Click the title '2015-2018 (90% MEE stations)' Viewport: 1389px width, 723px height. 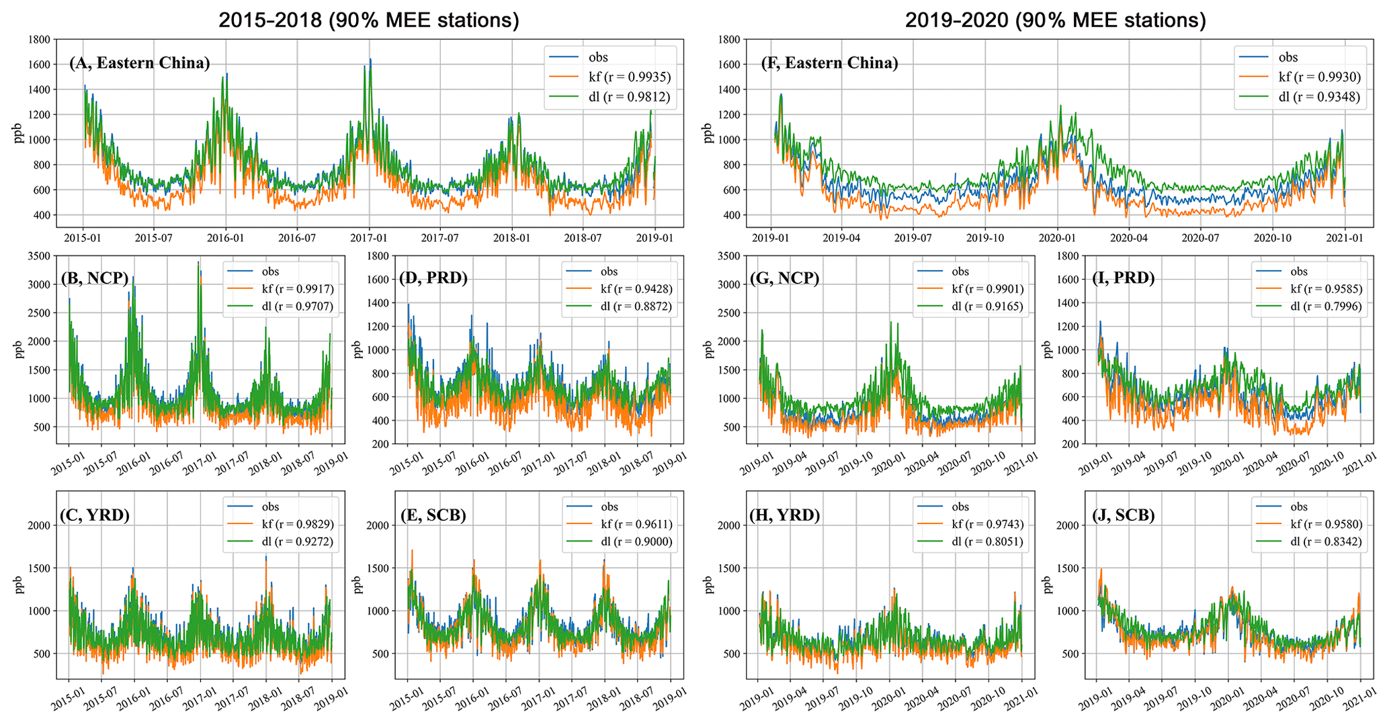369,20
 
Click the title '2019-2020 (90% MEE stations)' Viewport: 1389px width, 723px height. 1055,20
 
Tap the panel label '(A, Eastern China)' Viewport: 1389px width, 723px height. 139,63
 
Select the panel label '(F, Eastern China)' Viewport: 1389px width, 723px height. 829,63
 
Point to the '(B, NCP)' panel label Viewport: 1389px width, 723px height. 94,278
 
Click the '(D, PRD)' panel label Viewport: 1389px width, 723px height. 433,278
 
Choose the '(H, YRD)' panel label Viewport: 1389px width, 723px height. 784,515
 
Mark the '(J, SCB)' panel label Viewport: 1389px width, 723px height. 1123,515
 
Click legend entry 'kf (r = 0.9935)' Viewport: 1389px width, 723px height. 629,77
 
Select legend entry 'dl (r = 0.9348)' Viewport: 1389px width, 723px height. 1318,97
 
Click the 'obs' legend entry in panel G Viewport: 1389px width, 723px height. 960,271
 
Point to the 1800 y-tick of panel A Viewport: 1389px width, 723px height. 39,40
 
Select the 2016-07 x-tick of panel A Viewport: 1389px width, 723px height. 297,238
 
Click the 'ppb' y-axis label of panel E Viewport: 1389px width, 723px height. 358,585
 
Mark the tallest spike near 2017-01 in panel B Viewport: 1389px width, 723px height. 199,263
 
